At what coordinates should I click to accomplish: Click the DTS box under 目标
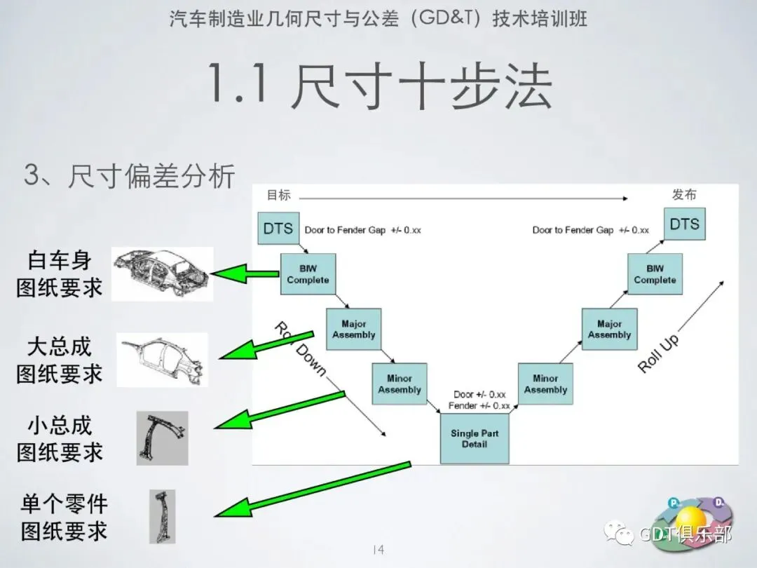(278, 228)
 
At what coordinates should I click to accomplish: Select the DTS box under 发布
(685, 224)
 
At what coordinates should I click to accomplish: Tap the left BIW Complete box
(308, 274)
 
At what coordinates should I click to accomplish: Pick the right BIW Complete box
(655, 274)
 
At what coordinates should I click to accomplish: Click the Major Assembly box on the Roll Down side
(354, 329)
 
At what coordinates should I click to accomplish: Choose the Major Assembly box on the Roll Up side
(609, 329)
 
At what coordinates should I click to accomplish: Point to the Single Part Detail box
(475, 438)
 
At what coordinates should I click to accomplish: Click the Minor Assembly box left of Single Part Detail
(400, 384)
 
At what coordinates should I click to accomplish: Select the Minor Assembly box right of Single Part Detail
(545, 384)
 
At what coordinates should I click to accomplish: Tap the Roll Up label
(658, 353)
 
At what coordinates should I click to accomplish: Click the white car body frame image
(162, 274)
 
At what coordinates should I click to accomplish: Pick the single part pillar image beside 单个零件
(162, 516)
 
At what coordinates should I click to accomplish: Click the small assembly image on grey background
(162, 438)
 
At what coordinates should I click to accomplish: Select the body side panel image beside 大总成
(162, 360)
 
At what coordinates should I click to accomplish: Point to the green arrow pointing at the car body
(245, 274)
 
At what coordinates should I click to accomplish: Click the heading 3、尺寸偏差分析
(130, 175)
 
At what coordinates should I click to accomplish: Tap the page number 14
(378, 550)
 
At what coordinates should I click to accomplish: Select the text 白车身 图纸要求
(60, 274)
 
